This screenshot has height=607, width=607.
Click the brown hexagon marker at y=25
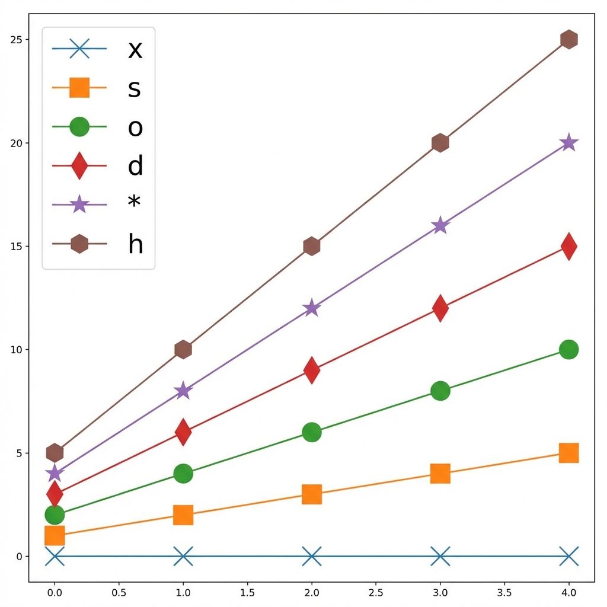point(568,40)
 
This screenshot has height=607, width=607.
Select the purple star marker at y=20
point(568,143)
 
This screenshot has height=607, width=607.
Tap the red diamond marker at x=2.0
point(312,370)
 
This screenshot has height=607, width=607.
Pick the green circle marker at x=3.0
point(440,391)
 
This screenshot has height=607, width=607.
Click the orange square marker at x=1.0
point(183,515)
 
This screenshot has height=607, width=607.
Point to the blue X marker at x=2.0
point(312,557)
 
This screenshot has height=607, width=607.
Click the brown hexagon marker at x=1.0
point(183,350)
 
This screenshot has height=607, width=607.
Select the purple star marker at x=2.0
point(312,308)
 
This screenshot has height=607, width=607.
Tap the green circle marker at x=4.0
point(568,350)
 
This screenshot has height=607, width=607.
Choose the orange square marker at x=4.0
point(568,453)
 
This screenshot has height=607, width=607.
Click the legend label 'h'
point(136,244)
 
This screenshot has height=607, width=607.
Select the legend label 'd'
point(136,166)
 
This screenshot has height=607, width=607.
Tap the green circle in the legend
point(79,127)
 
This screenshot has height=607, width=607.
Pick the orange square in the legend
point(79,88)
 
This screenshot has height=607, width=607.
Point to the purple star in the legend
point(79,205)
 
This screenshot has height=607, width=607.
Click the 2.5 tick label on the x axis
point(376,592)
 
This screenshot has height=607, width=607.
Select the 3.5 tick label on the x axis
point(504,592)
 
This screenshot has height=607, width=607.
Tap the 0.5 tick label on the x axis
point(119,592)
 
